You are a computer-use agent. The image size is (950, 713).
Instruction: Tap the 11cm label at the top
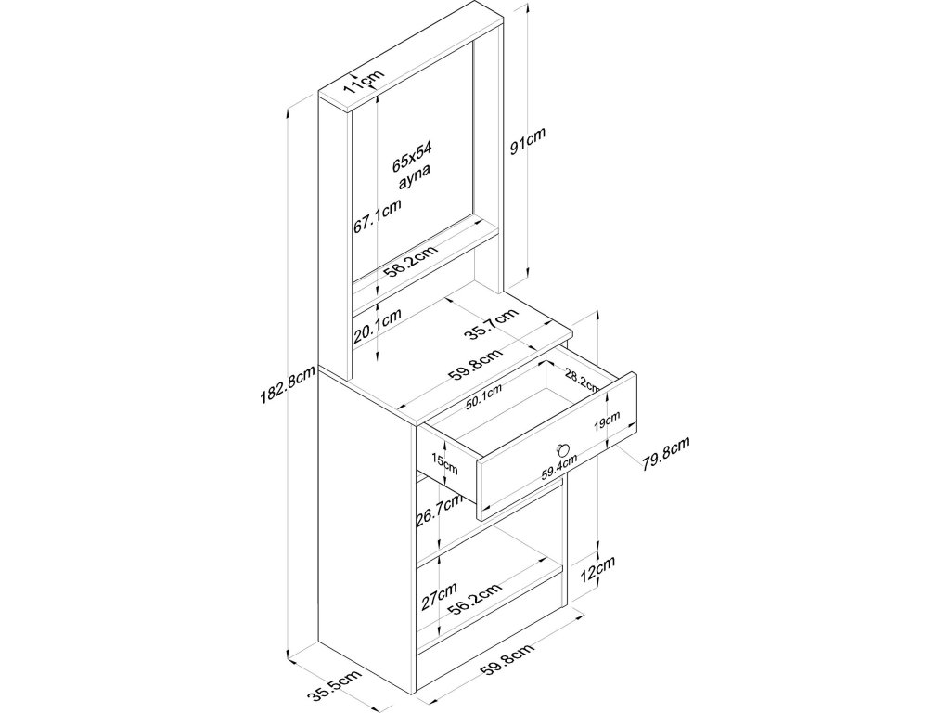363,84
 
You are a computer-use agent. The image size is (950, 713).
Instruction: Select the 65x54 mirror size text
411,159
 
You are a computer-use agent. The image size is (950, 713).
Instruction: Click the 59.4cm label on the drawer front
560,464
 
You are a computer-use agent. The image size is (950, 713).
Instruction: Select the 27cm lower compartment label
438,596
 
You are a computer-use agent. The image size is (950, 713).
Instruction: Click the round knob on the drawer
560,450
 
